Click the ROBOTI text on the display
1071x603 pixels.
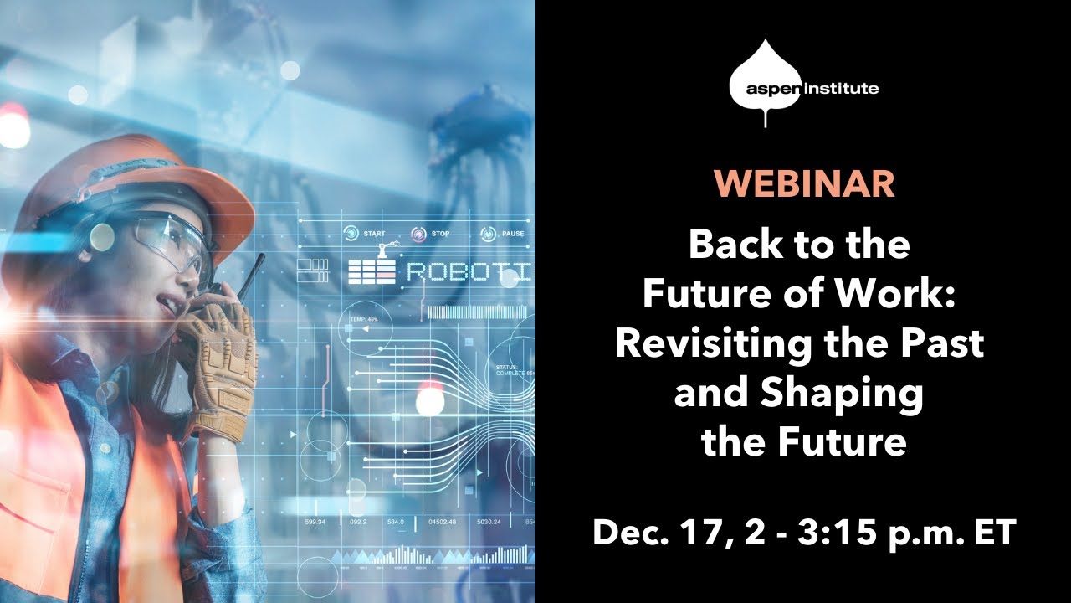pos(468,272)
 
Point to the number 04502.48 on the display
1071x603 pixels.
pos(443,522)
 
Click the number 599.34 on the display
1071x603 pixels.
pos(315,522)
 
